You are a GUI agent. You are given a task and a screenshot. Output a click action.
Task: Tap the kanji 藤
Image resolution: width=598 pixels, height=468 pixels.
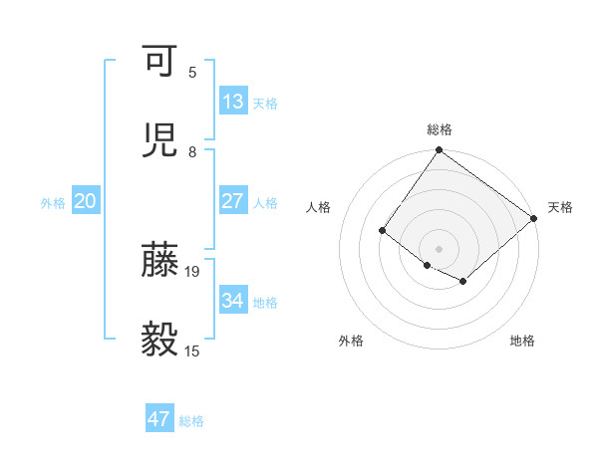tap(159, 259)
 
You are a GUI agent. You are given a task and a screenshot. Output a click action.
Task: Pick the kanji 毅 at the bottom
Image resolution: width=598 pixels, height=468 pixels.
tap(159, 340)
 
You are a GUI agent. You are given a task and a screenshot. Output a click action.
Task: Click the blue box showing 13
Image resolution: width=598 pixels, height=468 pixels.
tap(233, 102)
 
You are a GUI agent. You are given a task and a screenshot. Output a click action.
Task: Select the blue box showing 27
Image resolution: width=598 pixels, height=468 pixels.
tap(233, 200)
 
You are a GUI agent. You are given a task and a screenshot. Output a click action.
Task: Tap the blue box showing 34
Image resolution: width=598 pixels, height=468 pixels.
tap(233, 300)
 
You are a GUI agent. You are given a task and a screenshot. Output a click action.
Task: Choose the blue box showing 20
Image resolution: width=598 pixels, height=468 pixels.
tap(86, 201)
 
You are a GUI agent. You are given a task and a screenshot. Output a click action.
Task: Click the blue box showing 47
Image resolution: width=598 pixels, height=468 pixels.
tap(159, 419)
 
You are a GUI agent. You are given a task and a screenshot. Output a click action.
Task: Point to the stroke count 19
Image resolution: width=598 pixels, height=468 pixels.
tap(193, 271)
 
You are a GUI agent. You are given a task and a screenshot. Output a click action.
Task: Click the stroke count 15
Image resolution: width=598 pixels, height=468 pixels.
tap(193, 351)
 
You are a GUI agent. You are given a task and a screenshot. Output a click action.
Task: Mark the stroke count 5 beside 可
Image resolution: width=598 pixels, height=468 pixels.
tap(192, 72)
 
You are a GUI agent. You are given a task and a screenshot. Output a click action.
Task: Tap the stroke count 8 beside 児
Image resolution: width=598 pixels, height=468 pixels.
tap(192, 151)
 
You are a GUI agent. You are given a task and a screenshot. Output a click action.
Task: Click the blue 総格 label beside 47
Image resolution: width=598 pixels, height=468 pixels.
tap(191, 421)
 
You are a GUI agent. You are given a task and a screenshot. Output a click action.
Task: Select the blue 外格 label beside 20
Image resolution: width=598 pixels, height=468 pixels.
tap(53, 203)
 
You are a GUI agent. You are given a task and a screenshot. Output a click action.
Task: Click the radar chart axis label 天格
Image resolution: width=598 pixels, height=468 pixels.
tap(560, 207)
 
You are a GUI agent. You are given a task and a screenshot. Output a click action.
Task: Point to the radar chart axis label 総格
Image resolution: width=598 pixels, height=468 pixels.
tap(440, 129)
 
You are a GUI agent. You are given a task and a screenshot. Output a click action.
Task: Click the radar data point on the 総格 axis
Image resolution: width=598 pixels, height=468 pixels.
tap(440, 151)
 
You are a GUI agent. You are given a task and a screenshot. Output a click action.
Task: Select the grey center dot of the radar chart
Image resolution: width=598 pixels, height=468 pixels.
tap(440, 249)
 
